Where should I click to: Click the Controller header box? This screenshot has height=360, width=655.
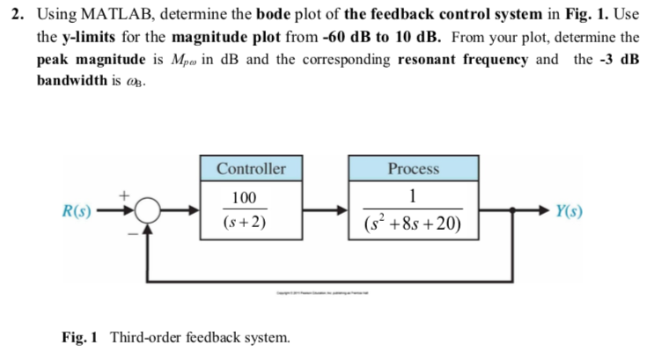[251, 168]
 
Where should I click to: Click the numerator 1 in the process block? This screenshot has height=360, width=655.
[413, 196]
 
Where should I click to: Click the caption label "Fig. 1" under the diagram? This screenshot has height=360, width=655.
[81, 336]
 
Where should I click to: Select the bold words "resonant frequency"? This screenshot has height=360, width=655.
[465, 59]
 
